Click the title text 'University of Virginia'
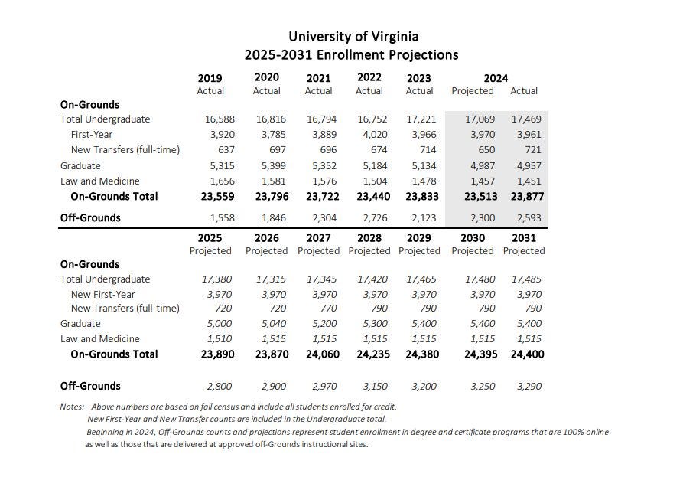(353, 36)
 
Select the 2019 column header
(210, 77)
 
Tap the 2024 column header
(496, 77)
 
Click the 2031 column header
(524, 237)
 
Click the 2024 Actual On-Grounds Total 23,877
(525, 196)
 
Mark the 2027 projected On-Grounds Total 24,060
(320, 354)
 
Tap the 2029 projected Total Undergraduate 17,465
(421, 279)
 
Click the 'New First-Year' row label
(102, 294)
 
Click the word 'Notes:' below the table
(72, 407)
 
